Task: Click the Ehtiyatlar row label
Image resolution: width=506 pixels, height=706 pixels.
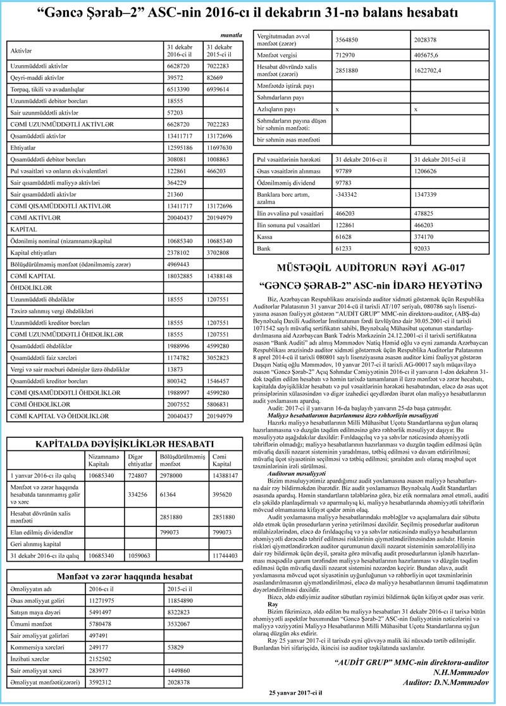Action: click(x=24, y=147)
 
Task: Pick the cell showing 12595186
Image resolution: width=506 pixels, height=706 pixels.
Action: click(x=181, y=147)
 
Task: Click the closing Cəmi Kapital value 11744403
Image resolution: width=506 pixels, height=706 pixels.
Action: click(x=224, y=555)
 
